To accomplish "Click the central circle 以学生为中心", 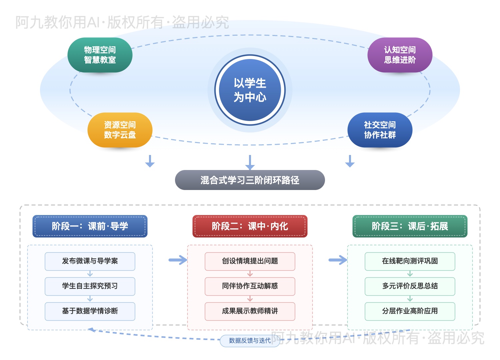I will click(x=250, y=90).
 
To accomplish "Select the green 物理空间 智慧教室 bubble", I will click(x=100, y=55).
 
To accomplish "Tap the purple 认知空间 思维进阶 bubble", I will click(x=400, y=55).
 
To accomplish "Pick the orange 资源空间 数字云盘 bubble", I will click(x=120, y=130).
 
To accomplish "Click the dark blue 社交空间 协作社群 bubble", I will click(x=380, y=130).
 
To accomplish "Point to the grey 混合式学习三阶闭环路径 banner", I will click(x=250, y=180).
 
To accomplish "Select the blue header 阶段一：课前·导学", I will click(x=90, y=226).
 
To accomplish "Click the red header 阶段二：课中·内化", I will click(x=250, y=226).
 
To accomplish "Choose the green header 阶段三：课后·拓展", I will click(x=410, y=226).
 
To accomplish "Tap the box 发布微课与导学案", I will click(x=90, y=261).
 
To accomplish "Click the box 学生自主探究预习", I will click(x=90, y=286).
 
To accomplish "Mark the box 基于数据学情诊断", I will click(x=90, y=311).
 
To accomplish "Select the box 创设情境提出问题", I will click(x=250, y=261).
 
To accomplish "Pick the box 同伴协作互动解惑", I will click(x=250, y=286).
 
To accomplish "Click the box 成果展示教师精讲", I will click(x=250, y=311).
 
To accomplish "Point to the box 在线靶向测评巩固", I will click(x=410, y=261).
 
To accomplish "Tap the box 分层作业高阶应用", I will click(x=410, y=311).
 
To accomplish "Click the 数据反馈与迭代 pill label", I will click(x=250, y=341).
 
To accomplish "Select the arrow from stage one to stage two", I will click(x=178, y=260).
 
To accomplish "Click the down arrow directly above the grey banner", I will click(x=250, y=162).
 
